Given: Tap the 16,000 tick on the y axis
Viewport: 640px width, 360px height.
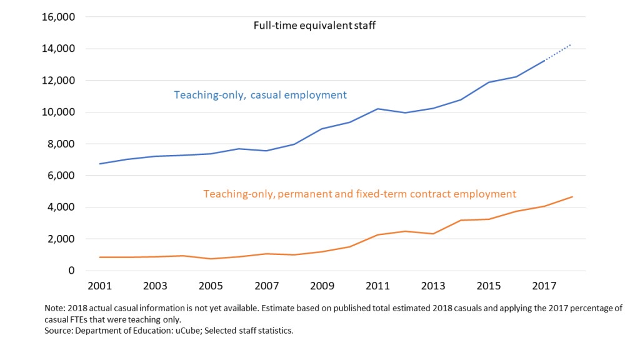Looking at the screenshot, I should [58, 17].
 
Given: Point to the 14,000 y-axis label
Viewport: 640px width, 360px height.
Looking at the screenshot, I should [58, 49].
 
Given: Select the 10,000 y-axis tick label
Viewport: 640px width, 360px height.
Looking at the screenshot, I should [58, 112].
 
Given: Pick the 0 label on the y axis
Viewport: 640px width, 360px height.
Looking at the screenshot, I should [72, 271].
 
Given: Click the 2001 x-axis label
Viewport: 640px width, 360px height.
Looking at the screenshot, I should [100, 286].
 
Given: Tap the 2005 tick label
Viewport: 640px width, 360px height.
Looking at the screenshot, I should [211, 286].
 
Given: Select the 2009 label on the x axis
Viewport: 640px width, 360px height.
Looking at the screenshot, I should [322, 286].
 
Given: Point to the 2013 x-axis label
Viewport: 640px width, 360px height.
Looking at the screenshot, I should [432, 286].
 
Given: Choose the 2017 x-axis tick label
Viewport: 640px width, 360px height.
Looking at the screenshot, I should [544, 286].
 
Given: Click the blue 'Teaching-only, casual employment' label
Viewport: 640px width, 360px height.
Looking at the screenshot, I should [260, 95].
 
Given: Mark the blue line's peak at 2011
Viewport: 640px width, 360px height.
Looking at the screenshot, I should [377, 109].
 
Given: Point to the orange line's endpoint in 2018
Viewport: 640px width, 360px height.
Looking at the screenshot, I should [572, 197].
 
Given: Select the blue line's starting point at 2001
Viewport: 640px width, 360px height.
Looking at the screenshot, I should [100, 164].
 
